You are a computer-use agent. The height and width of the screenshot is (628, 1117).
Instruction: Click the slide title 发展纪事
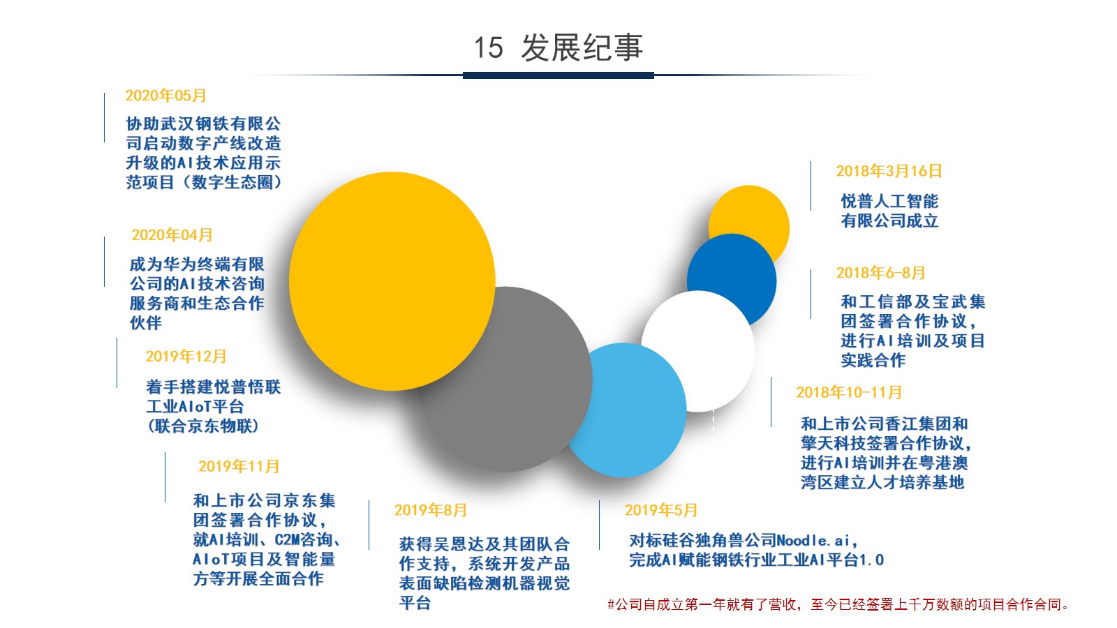click(x=582, y=48)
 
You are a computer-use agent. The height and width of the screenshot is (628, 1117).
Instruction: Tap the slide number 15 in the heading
click(x=488, y=48)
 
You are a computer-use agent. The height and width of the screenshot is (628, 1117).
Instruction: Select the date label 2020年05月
click(x=165, y=95)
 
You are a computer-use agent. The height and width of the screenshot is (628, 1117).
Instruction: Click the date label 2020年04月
click(x=172, y=234)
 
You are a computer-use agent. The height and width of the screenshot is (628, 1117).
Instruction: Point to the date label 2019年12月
click(x=186, y=357)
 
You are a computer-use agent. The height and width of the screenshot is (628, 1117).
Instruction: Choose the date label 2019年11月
click(x=239, y=466)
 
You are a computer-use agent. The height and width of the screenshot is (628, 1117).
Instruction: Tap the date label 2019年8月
click(x=430, y=510)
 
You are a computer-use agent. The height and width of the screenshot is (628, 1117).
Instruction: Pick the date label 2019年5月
click(x=660, y=510)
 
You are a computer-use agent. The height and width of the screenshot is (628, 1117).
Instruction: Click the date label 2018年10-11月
click(x=849, y=392)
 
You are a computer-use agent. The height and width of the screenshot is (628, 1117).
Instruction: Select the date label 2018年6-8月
click(x=880, y=273)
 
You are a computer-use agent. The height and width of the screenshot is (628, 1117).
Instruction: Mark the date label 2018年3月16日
click(x=889, y=171)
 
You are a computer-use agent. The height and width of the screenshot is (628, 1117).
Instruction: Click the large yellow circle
click(x=392, y=281)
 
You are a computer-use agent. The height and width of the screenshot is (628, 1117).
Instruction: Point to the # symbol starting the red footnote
click(x=611, y=605)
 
